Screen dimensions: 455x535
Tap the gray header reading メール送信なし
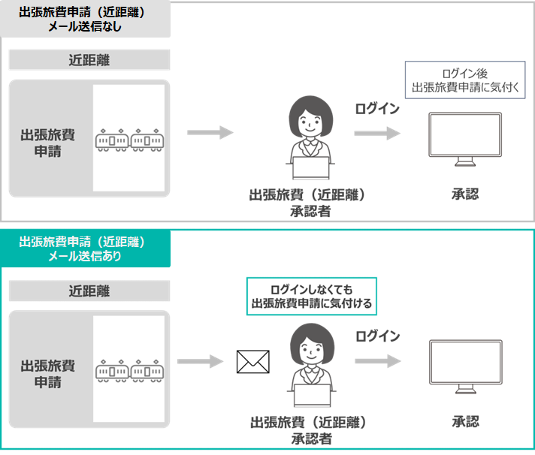[85, 20]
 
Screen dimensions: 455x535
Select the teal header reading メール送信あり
[85, 249]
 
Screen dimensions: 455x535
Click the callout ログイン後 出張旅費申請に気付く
[467, 80]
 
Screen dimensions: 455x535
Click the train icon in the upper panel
[128, 140]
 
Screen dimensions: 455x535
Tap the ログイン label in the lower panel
[377, 336]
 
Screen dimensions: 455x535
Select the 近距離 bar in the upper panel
[89, 60]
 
